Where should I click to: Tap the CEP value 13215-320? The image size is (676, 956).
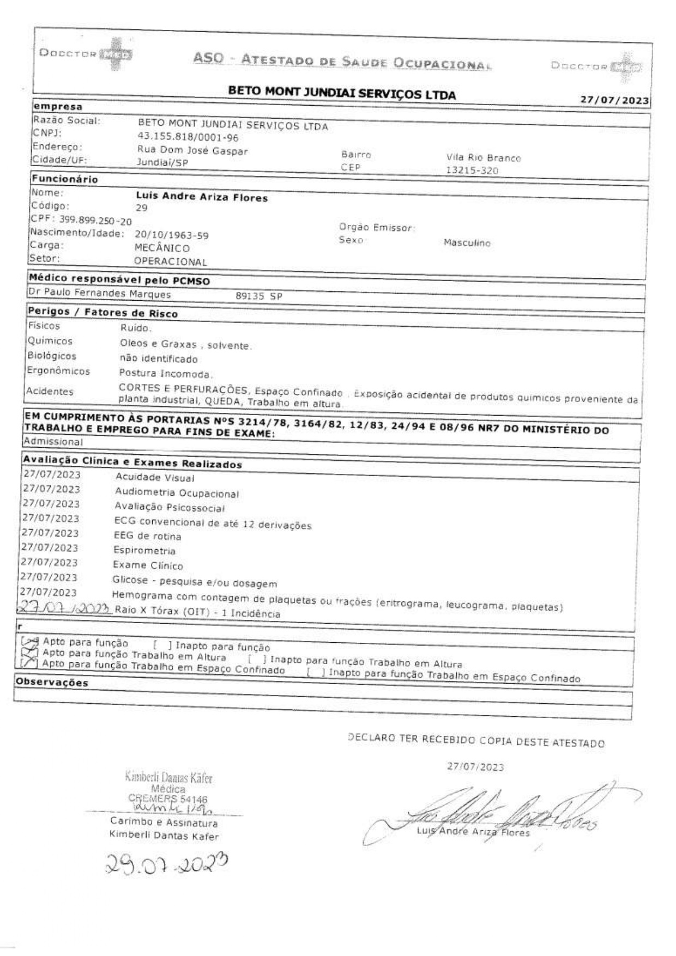coord(472,170)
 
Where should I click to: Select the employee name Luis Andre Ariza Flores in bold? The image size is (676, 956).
coord(202,197)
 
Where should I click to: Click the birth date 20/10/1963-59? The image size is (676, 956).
coord(172,235)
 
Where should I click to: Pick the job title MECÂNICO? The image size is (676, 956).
coord(162,248)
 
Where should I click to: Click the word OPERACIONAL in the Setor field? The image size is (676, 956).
coord(171,261)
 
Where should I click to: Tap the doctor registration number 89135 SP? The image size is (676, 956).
coord(258,296)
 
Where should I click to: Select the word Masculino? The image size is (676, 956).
coord(467,243)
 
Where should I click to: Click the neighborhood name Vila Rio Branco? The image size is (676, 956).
coord(484,158)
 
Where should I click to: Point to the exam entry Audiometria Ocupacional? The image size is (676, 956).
coord(177,493)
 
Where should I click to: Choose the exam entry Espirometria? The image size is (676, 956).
coord(144,551)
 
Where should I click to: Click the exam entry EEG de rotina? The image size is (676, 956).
coord(147,536)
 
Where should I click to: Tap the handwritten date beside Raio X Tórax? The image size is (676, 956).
coord(64,608)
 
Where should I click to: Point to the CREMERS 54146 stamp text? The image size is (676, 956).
coord(167,799)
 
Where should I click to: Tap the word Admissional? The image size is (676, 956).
coord(53,442)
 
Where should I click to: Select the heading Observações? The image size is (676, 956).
coord(52,682)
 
